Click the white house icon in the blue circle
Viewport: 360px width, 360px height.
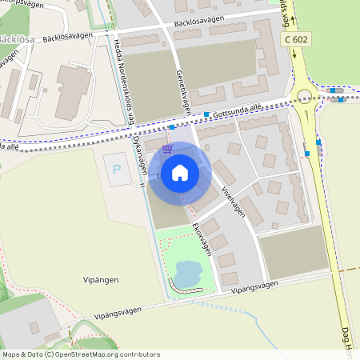coord(180,172)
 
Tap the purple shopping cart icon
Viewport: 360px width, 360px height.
coord(167,149)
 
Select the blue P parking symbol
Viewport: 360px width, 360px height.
coord(118,170)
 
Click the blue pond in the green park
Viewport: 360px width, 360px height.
coord(188,273)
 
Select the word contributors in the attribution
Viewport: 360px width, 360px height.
coord(138,354)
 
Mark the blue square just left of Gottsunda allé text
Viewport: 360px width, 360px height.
coord(206,114)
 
